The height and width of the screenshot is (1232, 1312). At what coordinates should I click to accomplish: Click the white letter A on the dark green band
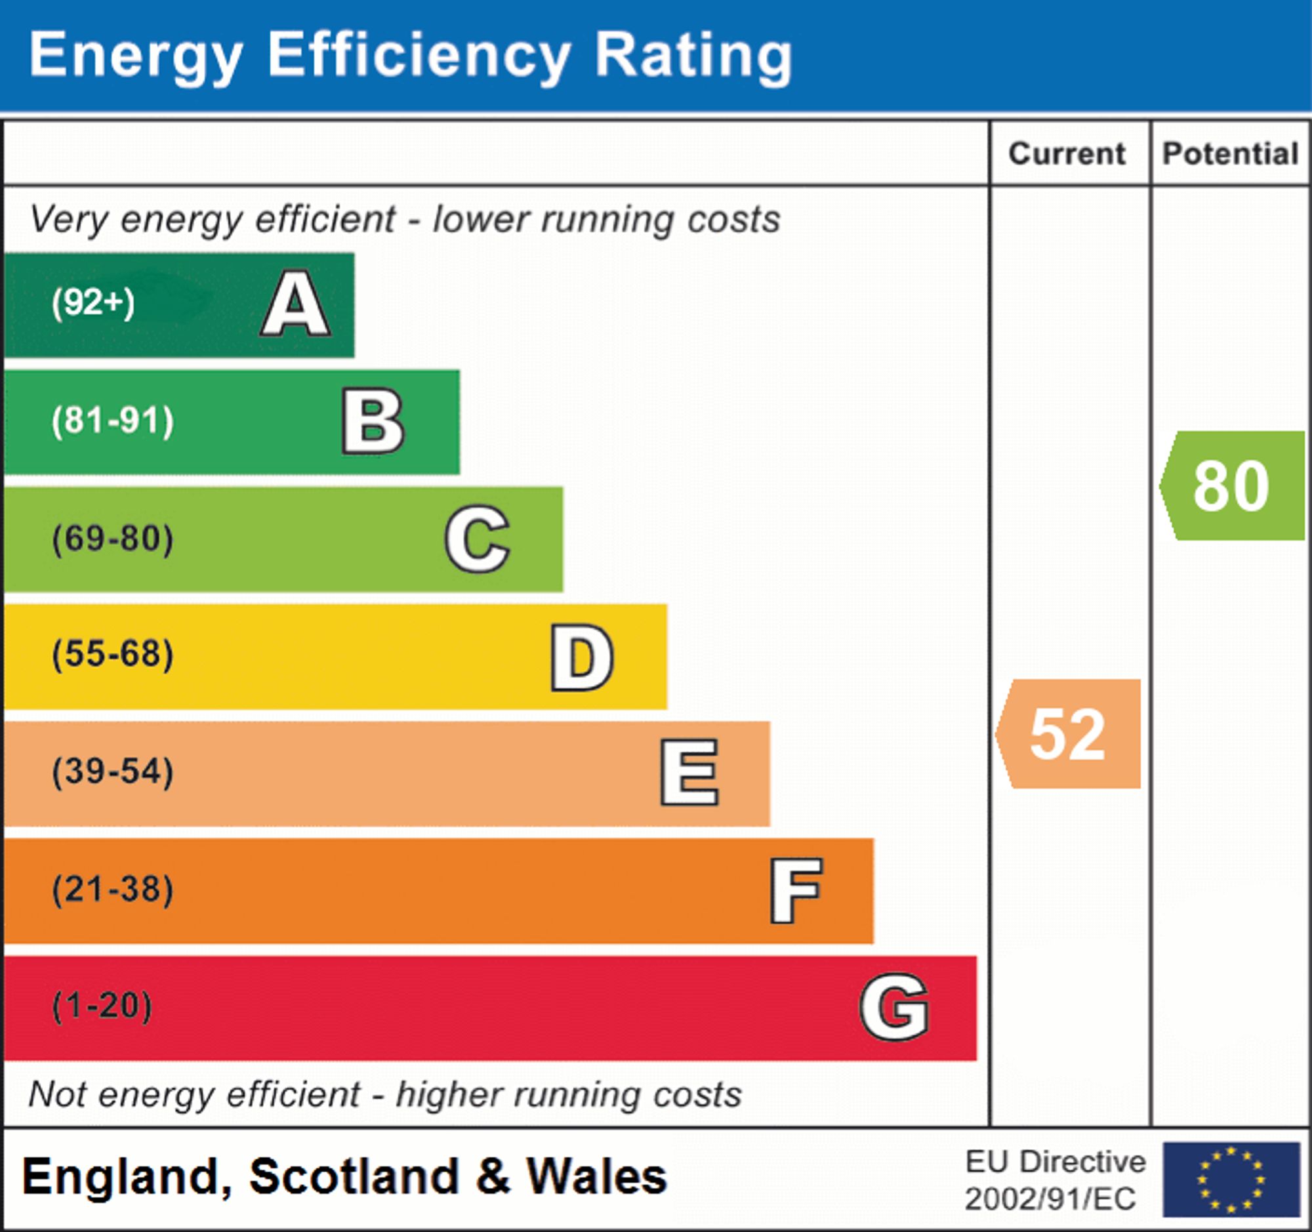(x=296, y=304)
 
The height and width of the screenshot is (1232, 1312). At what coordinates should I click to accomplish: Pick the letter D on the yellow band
(x=582, y=657)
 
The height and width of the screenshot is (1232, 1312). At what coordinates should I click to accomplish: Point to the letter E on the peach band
(x=689, y=772)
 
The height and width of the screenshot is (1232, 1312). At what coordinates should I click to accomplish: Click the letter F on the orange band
(x=796, y=890)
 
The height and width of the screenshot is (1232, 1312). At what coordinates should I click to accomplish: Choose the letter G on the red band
(x=894, y=1008)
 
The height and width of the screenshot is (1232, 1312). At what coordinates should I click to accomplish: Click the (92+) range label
(x=93, y=303)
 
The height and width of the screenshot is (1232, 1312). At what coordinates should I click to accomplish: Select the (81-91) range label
(x=113, y=421)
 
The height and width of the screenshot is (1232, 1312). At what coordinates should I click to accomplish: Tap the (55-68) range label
(x=113, y=655)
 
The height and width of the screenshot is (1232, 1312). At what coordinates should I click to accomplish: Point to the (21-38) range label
(x=113, y=890)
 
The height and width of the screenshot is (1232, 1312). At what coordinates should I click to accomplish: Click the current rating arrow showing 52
(x=1069, y=734)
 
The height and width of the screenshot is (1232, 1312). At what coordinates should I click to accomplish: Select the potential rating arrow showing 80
(x=1232, y=485)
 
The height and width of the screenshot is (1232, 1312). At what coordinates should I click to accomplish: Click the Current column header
(x=1067, y=154)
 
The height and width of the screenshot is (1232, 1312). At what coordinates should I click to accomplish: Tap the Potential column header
(x=1230, y=154)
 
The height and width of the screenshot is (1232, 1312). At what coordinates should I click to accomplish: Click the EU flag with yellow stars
(x=1231, y=1180)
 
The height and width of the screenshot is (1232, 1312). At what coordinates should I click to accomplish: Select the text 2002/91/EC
(x=1051, y=1199)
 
